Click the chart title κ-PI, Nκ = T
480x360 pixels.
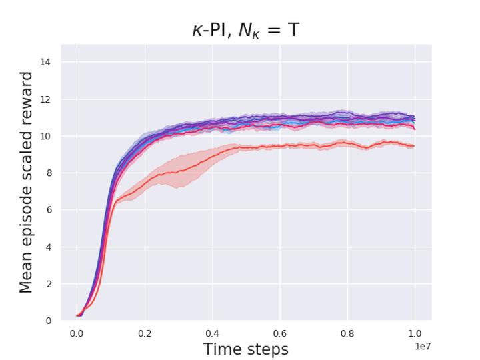[x=246, y=29]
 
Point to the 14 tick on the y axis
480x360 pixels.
[x=46, y=63]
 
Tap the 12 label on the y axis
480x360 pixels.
[x=46, y=99]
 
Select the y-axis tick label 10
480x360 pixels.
[x=46, y=137]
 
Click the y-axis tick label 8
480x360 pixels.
[x=49, y=173]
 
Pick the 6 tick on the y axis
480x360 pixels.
[x=49, y=210]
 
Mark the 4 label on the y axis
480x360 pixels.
[x=49, y=247]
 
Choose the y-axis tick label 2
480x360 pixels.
[x=49, y=284]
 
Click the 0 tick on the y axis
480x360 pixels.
[x=49, y=321]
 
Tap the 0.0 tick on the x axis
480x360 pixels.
[x=77, y=333]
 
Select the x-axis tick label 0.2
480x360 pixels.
[x=144, y=333]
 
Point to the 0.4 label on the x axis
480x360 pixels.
[x=212, y=333]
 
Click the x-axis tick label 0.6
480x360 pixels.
[x=279, y=333]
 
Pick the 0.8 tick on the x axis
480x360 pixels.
[x=347, y=333]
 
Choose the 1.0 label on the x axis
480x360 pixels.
[x=415, y=333]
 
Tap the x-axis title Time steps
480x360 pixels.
[x=246, y=349]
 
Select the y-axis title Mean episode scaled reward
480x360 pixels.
[x=26, y=183]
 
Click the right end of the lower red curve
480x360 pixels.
[x=414, y=146]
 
